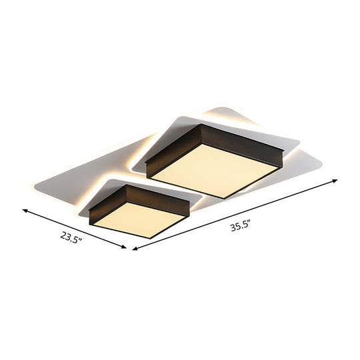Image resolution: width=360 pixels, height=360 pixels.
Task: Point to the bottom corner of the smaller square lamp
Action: (x=157, y=237)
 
